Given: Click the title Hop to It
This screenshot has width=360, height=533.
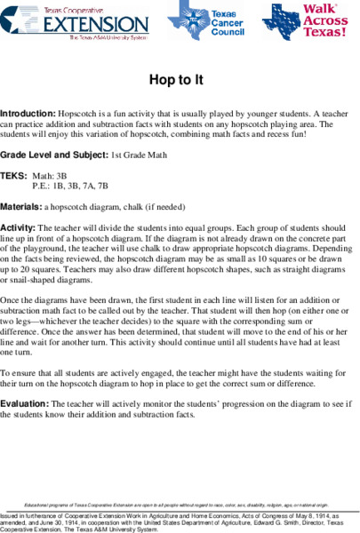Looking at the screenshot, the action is pyautogui.click(x=180, y=80).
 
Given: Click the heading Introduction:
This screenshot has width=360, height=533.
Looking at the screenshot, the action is pyautogui.click(x=28, y=115).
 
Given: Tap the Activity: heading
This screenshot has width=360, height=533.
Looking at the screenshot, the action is pyautogui.click(x=21, y=227).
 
